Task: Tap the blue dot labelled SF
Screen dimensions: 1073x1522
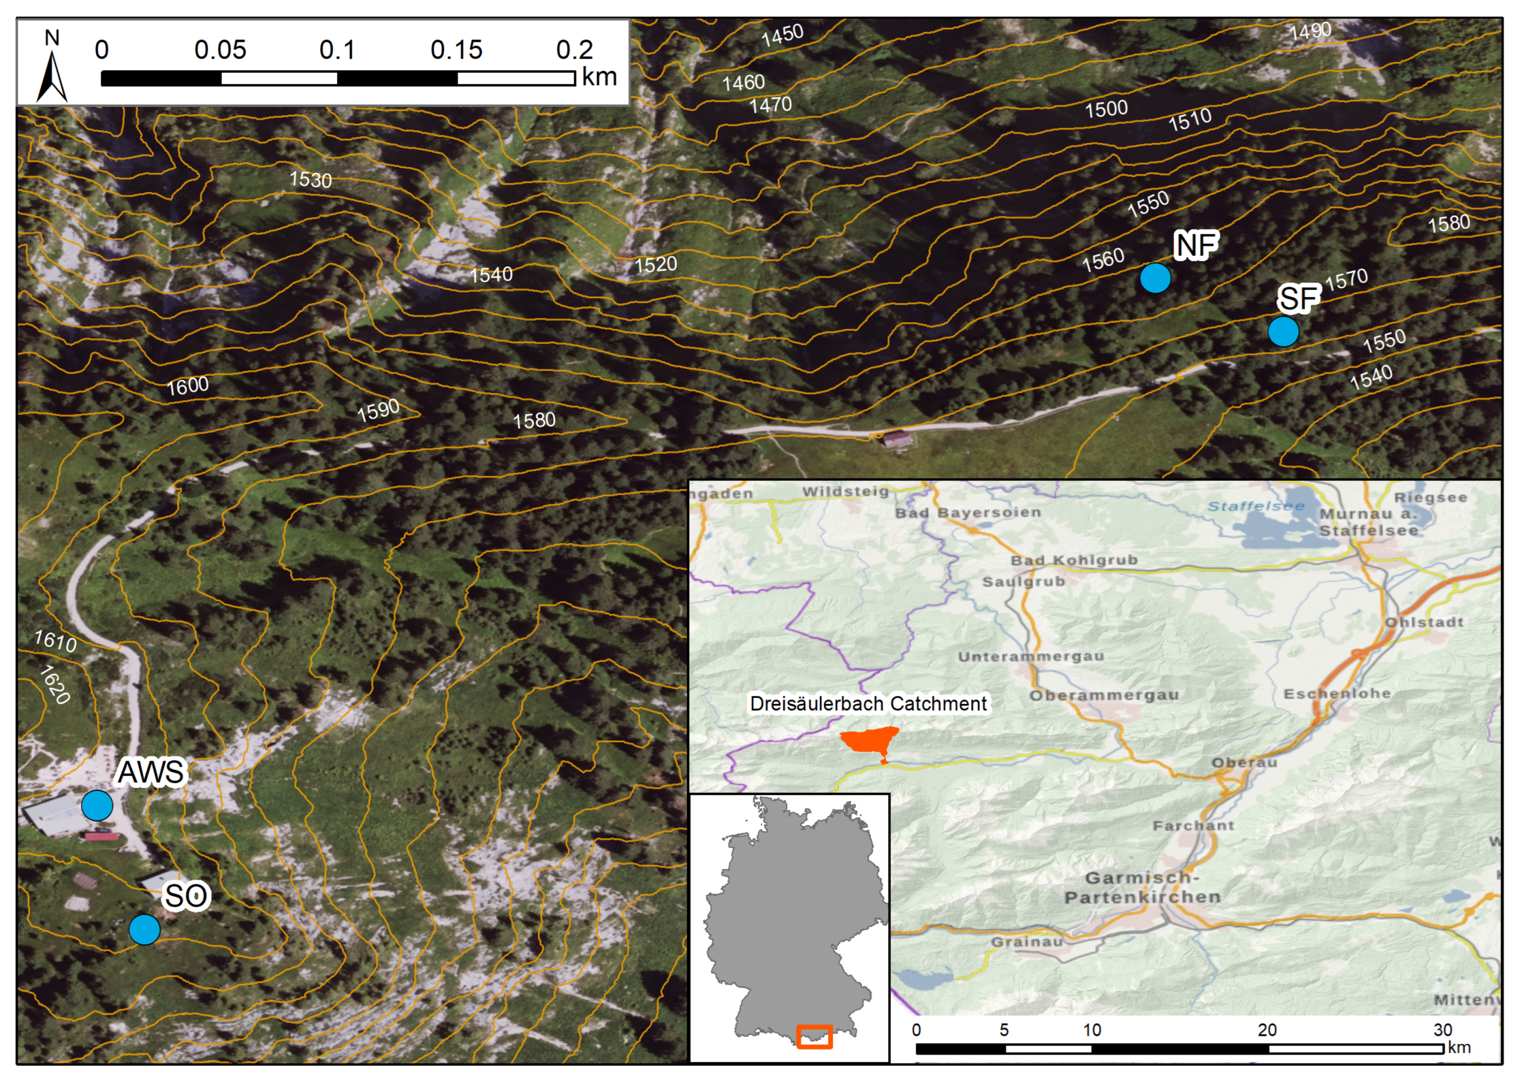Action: point(1283,331)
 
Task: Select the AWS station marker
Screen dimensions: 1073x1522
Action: point(97,805)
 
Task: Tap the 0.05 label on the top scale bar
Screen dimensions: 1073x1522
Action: point(220,50)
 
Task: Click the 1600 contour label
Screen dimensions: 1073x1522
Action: point(188,386)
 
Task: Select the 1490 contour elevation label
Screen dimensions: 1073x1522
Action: point(1310,30)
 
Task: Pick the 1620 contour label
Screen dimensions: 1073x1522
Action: point(54,685)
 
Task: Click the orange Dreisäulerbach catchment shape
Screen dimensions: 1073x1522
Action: point(870,739)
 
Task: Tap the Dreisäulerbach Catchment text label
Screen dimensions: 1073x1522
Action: point(868,703)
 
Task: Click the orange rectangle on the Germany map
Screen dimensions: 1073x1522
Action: point(814,1037)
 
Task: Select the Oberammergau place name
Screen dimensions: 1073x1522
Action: point(1104,695)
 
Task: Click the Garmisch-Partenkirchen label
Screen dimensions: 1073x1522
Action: point(1142,887)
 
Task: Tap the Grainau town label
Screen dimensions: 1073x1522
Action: point(1027,942)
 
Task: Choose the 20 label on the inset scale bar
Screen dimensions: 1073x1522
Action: point(1267,1030)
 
